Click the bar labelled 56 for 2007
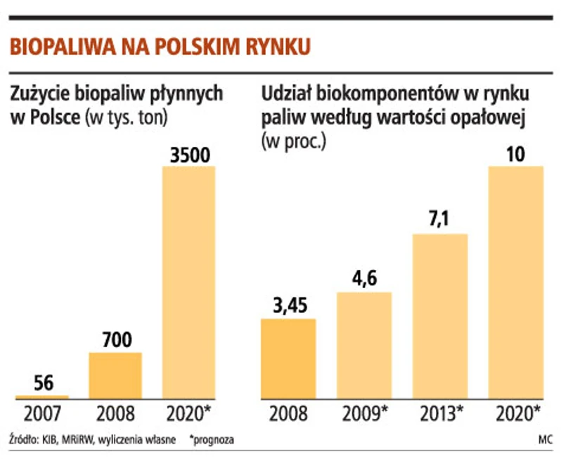(x=42, y=397)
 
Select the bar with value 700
(x=115, y=375)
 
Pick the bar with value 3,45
(x=288, y=358)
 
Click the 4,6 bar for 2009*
(x=364, y=345)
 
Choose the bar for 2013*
(x=439, y=316)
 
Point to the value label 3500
(x=190, y=155)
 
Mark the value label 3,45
(x=288, y=307)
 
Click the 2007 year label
(x=42, y=413)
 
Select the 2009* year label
(x=364, y=413)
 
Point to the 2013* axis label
(x=440, y=413)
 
